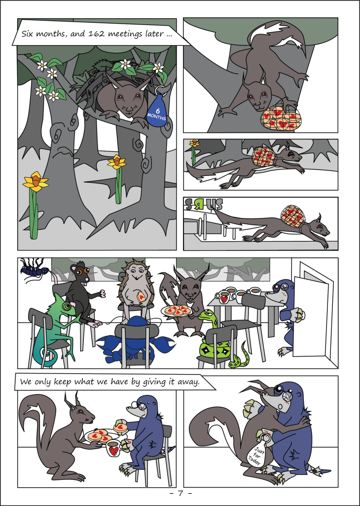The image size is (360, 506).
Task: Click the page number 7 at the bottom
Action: pos(180,494)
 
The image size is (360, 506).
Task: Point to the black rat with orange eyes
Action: pos(84,291)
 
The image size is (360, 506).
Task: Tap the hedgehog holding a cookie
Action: pos(135,294)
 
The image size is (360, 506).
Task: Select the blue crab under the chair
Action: pos(135,345)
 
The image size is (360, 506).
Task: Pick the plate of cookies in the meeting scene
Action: pos(177,311)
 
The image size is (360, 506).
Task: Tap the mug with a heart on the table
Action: pos(223,297)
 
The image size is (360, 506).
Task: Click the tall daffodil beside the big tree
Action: pos(35,205)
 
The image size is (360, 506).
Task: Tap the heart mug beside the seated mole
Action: pos(113,449)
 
